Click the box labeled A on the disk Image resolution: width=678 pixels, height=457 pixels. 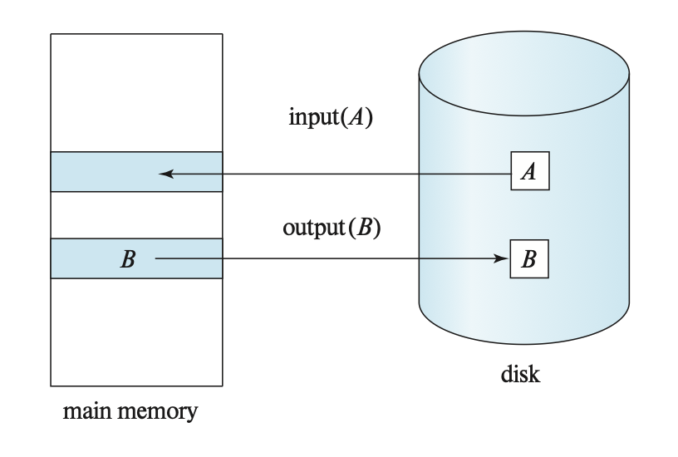point(529,173)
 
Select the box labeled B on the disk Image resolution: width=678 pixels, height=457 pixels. point(528,258)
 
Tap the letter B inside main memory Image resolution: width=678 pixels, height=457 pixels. point(127,259)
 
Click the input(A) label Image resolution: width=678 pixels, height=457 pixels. point(329,117)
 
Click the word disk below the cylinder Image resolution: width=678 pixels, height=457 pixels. point(521,375)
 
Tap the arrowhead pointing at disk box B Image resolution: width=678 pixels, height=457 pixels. point(501,259)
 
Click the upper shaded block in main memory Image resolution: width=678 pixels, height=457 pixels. point(136,172)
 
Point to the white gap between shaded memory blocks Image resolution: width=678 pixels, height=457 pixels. point(136,215)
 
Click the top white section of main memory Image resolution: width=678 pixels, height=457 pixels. point(136,92)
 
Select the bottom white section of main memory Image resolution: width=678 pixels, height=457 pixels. point(136,332)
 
